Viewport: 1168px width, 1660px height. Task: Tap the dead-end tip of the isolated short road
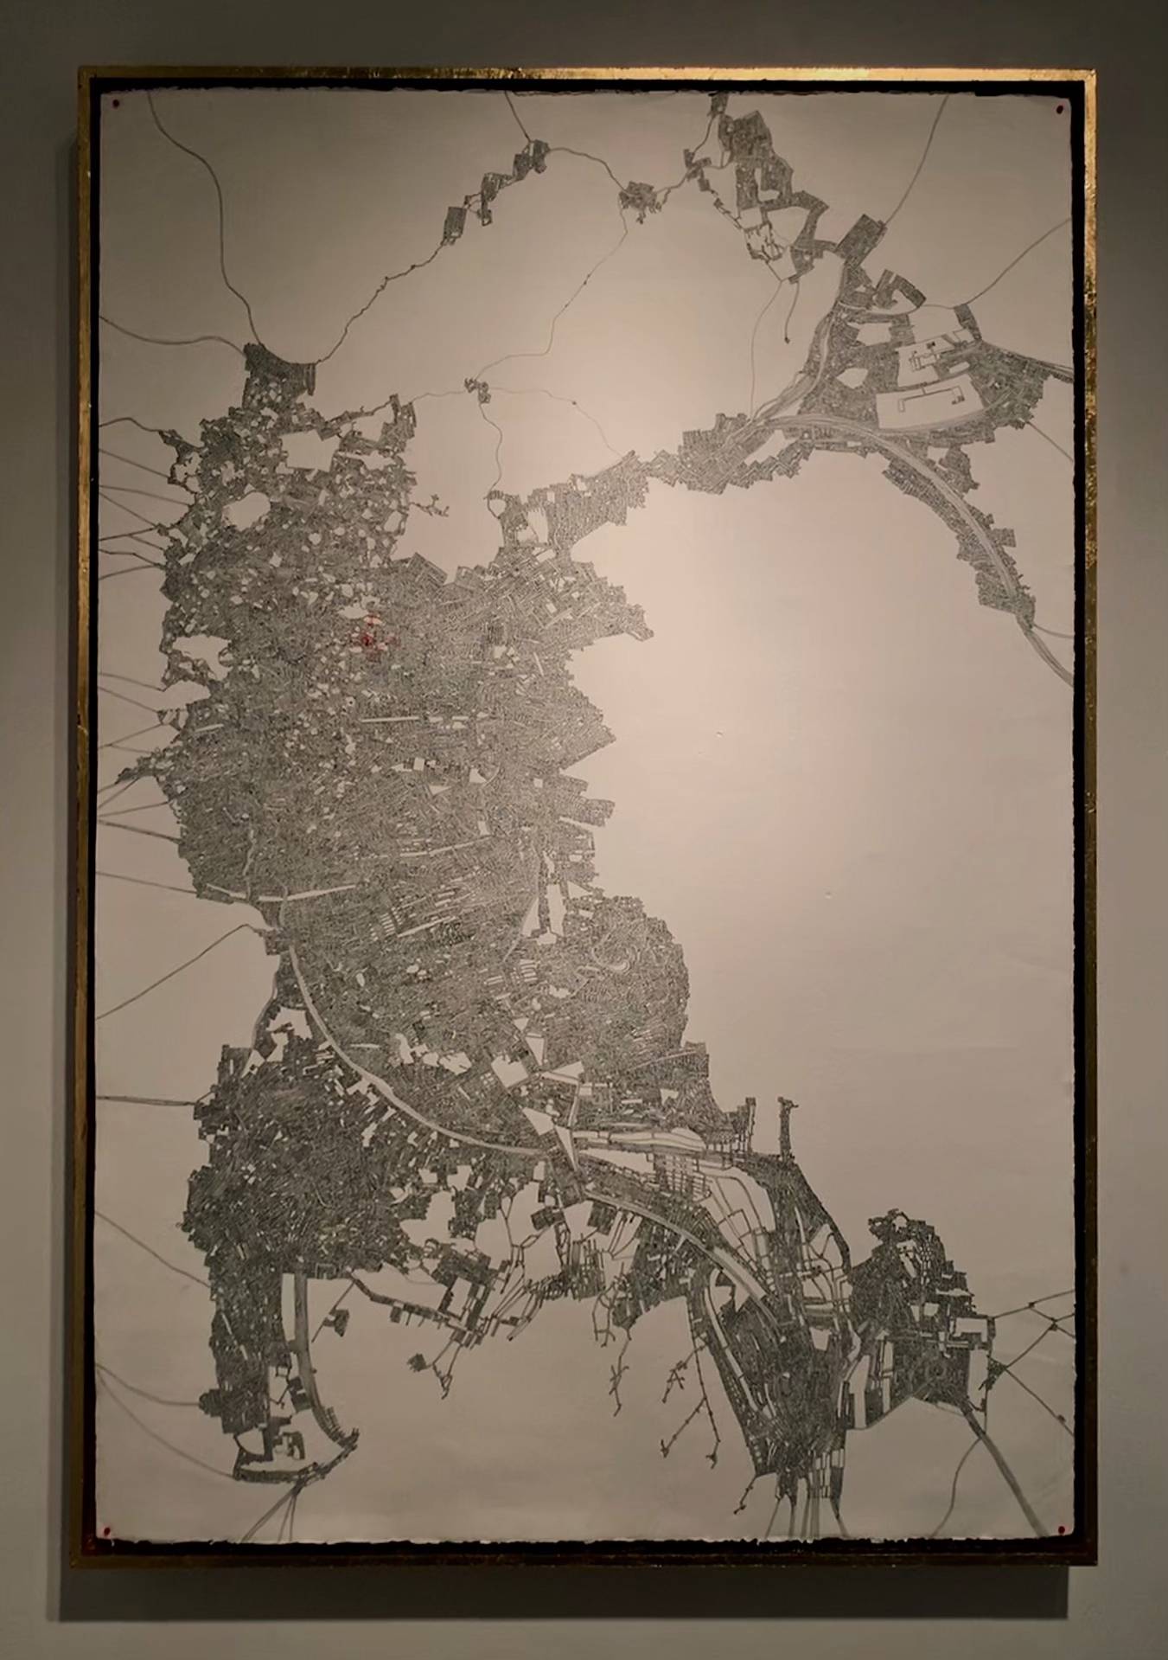(x=786, y=332)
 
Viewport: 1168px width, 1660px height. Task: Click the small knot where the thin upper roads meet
(x=478, y=388)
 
